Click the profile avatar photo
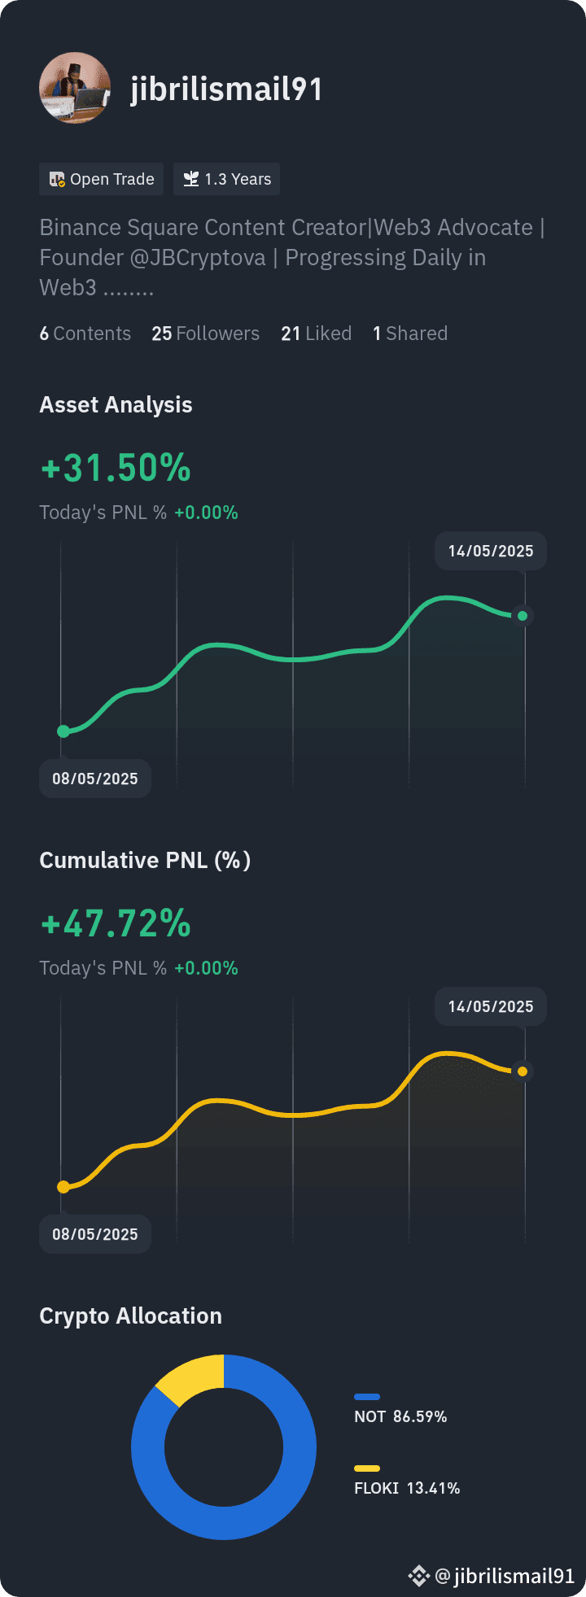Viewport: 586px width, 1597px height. (75, 88)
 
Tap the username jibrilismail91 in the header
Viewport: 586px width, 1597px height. (226, 89)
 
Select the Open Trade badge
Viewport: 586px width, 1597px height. (102, 179)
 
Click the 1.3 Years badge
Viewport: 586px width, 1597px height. (226, 179)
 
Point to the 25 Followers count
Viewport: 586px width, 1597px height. (205, 334)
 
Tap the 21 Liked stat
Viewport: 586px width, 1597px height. (316, 334)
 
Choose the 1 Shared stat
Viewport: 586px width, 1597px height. (410, 334)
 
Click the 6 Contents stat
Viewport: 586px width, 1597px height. (85, 334)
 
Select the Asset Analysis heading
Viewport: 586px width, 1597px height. (116, 404)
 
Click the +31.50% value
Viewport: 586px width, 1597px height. (116, 468)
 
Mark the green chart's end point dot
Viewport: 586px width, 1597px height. (523, 616)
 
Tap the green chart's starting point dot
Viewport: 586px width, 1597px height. (63, 731)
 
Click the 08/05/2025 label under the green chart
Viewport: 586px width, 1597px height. (95, 779)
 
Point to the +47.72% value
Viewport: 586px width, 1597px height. (116, 923)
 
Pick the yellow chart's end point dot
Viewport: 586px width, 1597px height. (523, 1071)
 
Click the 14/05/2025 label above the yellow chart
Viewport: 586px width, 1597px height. (491, 1006)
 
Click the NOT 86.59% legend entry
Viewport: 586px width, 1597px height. (400, 1410)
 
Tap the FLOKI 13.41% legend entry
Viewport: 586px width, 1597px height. (407, 1481)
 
